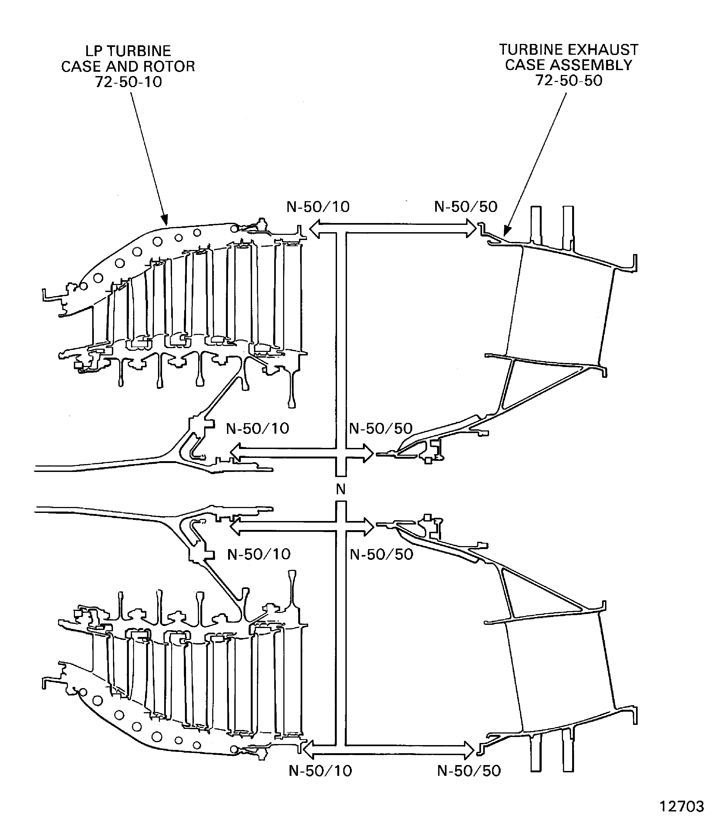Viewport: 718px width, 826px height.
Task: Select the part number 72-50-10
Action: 128,82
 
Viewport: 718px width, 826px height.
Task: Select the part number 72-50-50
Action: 569,81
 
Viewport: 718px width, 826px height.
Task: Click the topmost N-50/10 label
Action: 318,207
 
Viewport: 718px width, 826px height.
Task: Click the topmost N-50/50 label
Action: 466,207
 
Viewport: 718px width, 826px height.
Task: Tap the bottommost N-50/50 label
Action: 469,771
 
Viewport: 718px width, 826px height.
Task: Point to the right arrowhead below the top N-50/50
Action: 471,228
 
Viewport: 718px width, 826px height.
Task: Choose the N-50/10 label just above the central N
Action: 258,429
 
